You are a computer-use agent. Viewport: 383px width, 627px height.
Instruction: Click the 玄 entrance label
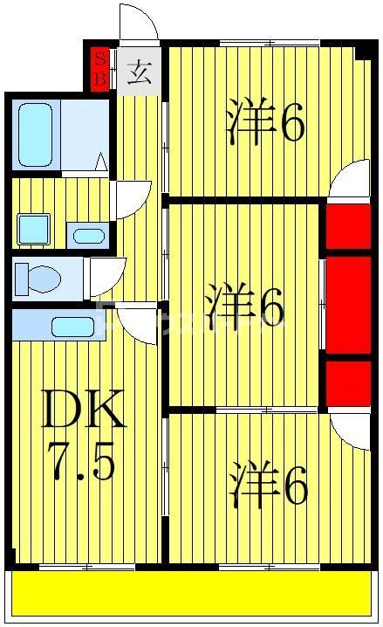[x=139, y=71]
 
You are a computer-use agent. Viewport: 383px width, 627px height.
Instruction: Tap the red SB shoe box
[x=101, y=67]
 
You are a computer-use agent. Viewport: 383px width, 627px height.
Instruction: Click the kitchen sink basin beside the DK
[x=72, y=327]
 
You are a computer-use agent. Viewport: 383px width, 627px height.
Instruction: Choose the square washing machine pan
[x=34, y=230]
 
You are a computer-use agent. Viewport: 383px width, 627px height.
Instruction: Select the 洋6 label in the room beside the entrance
[x=264, y=124]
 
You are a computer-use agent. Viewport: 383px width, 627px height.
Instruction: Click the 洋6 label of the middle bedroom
[x=245, y=307]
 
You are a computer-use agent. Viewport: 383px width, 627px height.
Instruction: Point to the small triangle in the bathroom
[x=101, y=162]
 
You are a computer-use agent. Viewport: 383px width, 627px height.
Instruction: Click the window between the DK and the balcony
[x=87, y=567]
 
